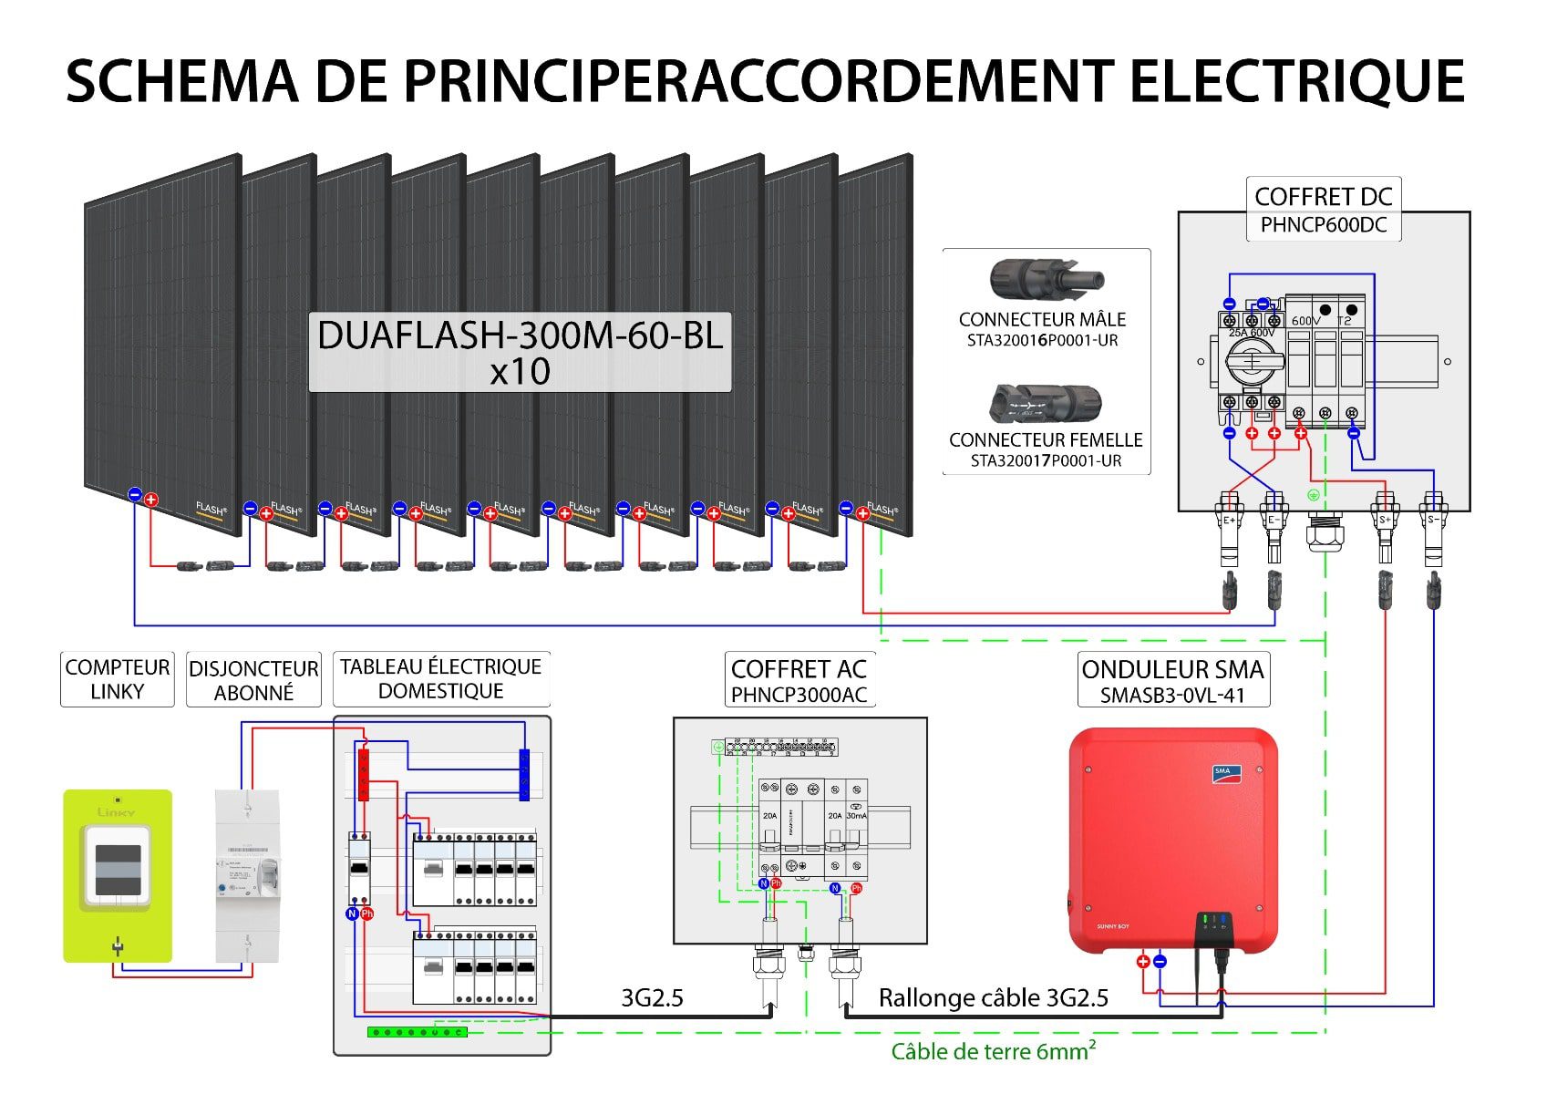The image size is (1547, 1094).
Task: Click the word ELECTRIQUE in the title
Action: point(1296,81)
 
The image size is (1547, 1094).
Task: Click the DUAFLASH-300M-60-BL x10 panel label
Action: point(520,353)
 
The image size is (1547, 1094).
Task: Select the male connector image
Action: point(1046,278)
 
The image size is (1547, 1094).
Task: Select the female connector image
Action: point(1046,403)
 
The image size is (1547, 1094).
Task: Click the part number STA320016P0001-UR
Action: point(1042,341)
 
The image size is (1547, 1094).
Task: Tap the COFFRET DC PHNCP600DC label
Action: point(1323,210)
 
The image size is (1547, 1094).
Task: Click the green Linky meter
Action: point(117,875)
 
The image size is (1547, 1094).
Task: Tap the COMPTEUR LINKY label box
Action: point(117,679)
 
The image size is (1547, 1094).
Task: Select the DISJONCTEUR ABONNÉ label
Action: point(253,680)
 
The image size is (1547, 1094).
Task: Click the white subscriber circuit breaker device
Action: point(247,875)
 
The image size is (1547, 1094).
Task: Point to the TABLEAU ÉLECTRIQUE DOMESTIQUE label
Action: point(441,678)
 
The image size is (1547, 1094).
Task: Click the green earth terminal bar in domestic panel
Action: point(417,1032)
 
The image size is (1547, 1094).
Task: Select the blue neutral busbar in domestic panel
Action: point(524,775)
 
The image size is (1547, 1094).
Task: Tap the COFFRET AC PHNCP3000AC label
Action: point(799,680)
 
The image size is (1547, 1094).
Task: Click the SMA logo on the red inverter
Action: point(1222,772)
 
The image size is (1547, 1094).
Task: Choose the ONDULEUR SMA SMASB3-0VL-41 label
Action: point(1172,680)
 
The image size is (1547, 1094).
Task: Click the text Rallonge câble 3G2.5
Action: point(993,998)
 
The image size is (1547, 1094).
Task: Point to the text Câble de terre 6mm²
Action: point(993,1051)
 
